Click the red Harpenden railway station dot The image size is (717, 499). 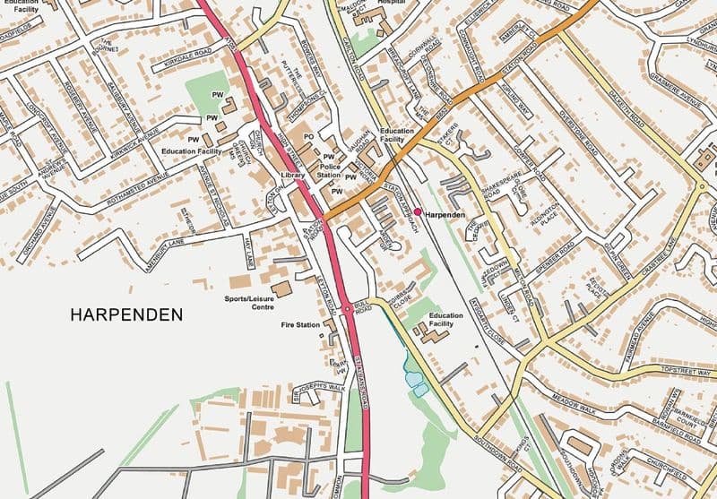coord(418,211)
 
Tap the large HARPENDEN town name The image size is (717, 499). coord(125,314)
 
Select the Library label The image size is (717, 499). coord(292,176)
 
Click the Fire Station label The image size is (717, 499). coord(300,324)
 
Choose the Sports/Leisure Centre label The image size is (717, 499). coord(250,302)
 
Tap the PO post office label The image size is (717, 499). coord(307,137)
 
